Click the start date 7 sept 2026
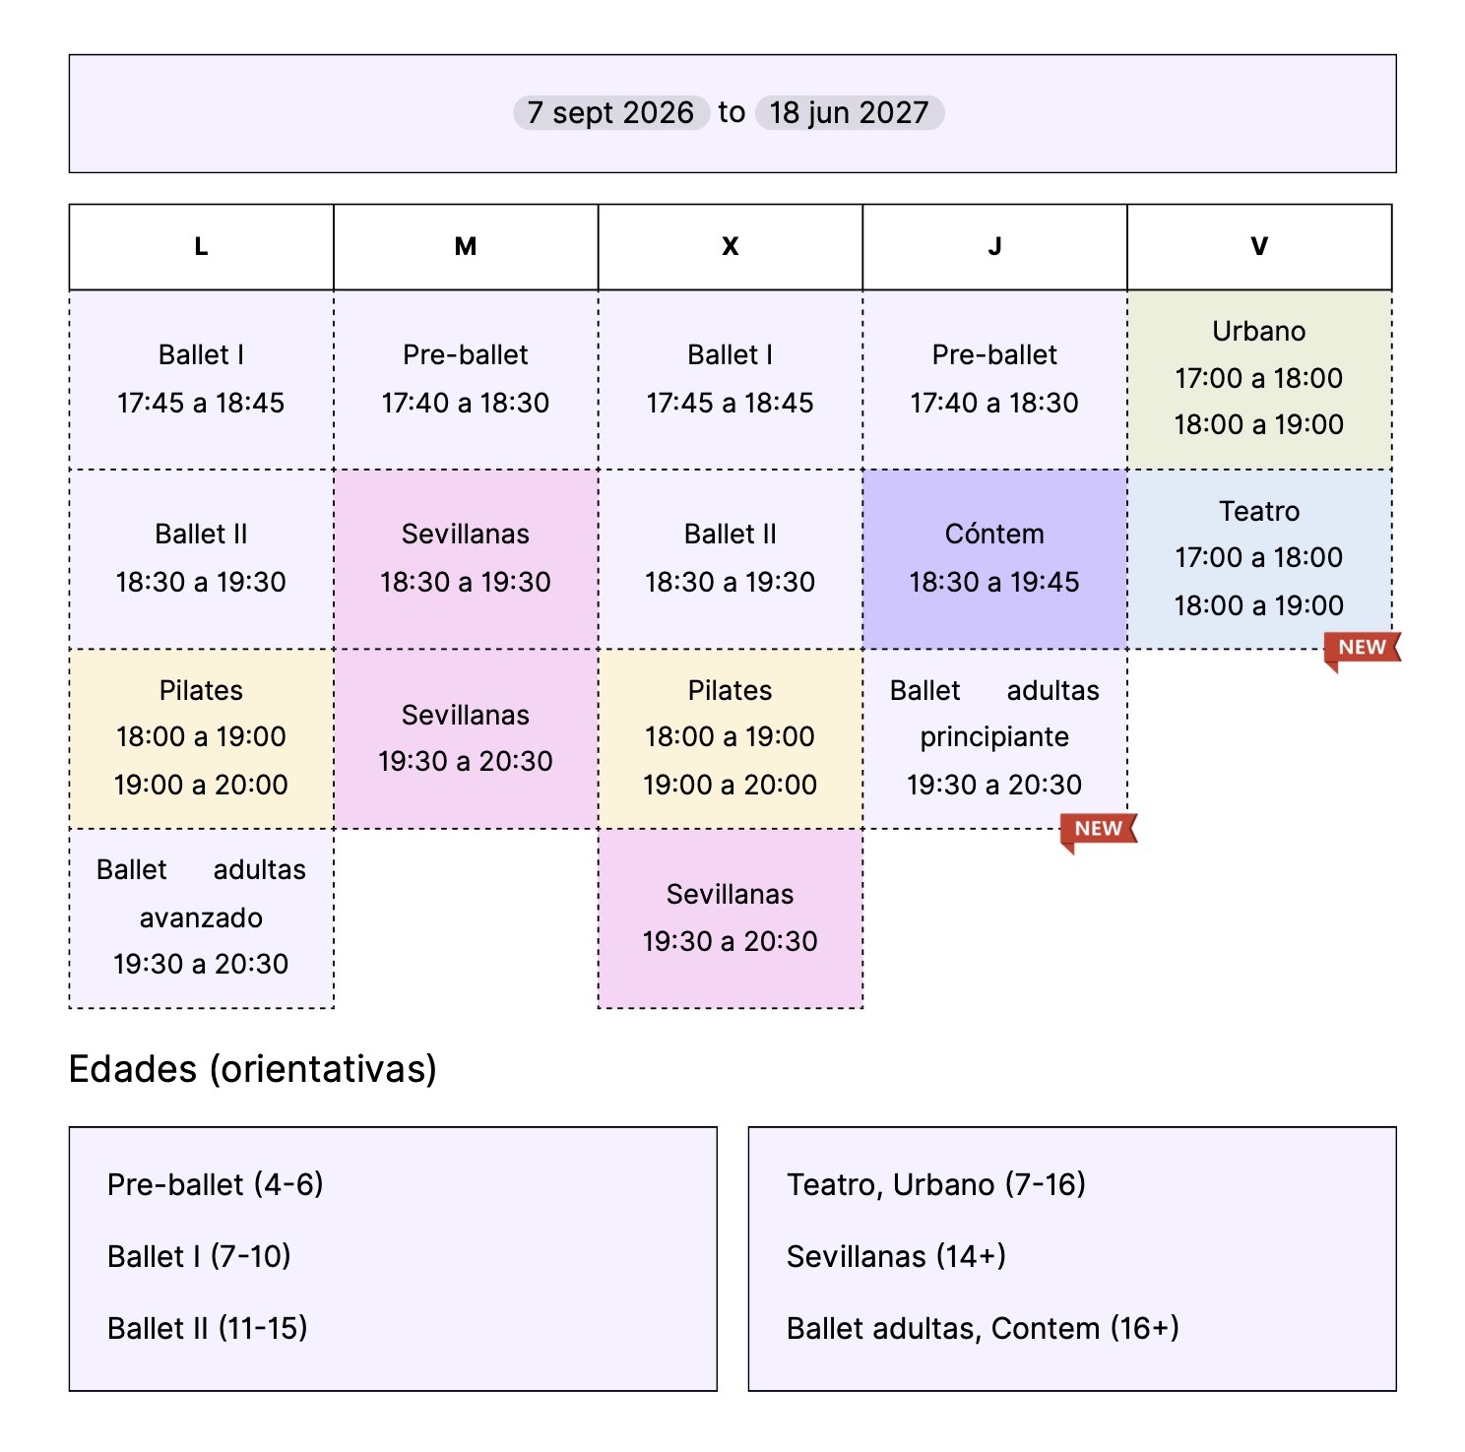(610, 112)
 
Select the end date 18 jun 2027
(849, 112)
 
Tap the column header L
(201, 247)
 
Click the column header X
(731, 247)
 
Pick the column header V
(1259, 247)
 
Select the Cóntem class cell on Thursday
(994, 559)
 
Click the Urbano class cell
(1259, 379)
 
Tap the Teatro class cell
(1259, 559)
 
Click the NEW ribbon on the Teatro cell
(1363, 649)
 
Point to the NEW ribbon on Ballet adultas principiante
(1099, 830)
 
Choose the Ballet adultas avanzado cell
(201, 918)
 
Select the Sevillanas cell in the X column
(731, 918)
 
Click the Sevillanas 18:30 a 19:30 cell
(466, 559)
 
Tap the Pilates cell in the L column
(201, 738)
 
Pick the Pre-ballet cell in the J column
(994, 379)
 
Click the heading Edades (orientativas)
(253, 1069)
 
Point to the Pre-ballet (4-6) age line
(216, 1184)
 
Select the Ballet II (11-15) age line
(208, 1328)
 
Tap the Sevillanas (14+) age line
(896, 1256)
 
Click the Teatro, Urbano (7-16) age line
(936, 1184)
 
